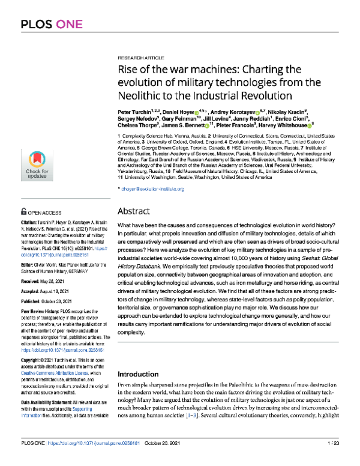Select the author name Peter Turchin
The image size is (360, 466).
pyautogui.click(x=133, y=112)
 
